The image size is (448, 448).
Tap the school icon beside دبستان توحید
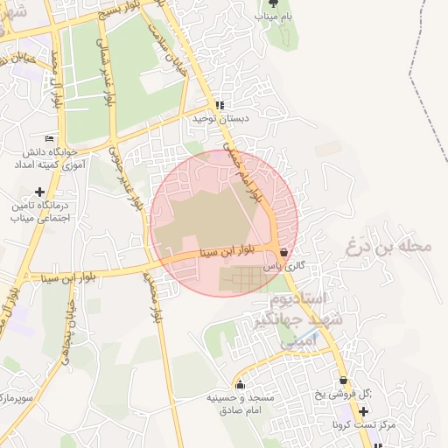pyautogui.click(x=220, y=105)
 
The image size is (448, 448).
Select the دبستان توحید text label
pyautogui.click(x=221, y=118)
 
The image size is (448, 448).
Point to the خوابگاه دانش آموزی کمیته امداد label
pyautogui.click(x=50, y=157)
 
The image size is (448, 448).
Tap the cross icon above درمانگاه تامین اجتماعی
pyautogui.click(x=38, y=192)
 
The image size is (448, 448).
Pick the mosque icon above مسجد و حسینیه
pyautogui.click(x=240, y=384)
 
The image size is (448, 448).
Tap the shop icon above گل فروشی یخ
pyautogui.click(x=343, y=381)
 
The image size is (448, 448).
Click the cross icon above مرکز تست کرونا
pyautogui.click(x=364, y=411)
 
